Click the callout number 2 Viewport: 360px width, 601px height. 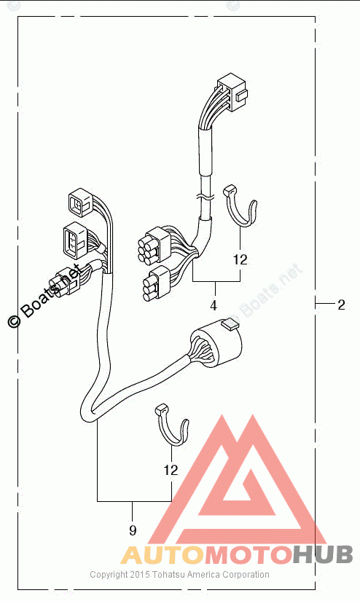click(x=341, y=305)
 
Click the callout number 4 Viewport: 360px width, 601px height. click(x=214, y=305)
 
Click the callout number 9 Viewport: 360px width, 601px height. click(x=133, y=530)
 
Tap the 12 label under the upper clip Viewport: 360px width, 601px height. click(x=240, y=260)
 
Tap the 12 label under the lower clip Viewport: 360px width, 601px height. click(x=171, y=470)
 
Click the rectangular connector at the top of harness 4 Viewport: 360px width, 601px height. click(x=232, y=92)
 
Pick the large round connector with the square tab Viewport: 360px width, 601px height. click(x=216, y=343)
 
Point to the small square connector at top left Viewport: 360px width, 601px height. click(x=81, y=202)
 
